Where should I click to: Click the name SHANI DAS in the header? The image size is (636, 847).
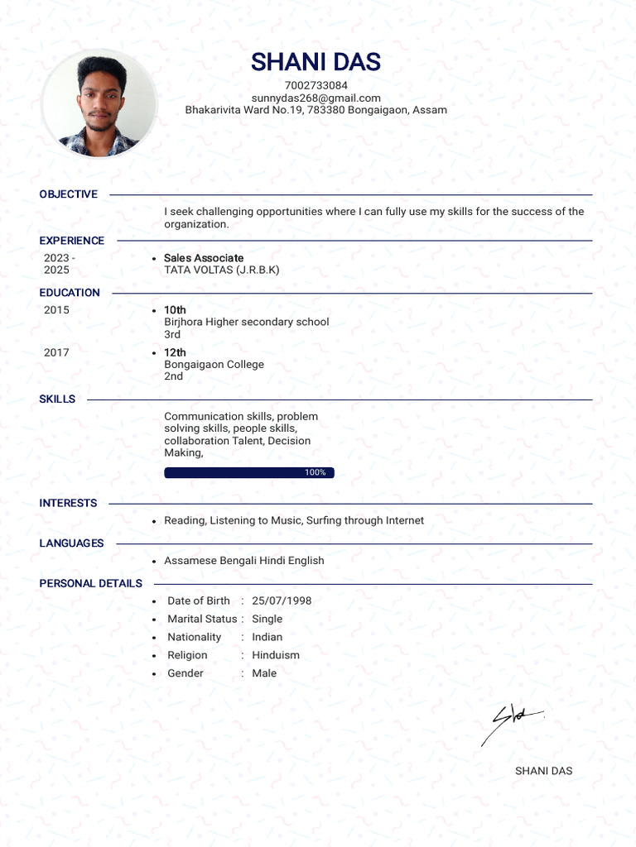coord(316,62)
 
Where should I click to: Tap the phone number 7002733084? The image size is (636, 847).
coord(316,85)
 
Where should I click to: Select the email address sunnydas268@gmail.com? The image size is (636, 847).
coord(316,98)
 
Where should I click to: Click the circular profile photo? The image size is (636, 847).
coord(99,104)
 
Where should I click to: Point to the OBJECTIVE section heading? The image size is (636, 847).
coord(68,194)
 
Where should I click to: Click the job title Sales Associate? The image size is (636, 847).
coord(204,258)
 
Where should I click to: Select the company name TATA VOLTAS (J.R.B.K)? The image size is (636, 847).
coord(221,270)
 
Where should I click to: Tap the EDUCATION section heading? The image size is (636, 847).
coord(70,293)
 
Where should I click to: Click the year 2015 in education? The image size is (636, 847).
coord(56,310)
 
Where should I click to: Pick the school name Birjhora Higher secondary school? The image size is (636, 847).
coord(246,322)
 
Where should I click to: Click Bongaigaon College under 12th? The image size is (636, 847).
coord(214,364)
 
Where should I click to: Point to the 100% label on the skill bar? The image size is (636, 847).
coord(315,472)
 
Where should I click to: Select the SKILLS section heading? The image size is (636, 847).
coord(57,400)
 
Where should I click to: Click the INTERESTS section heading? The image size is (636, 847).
coord(68,503)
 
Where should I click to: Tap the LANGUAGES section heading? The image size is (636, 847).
coord(71,543)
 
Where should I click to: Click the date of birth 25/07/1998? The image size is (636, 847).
coord(282,601)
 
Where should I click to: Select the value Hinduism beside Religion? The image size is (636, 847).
coord(276,655)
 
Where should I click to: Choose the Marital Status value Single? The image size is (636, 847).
coord(267,619)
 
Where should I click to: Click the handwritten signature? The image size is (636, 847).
coord(509,724)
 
